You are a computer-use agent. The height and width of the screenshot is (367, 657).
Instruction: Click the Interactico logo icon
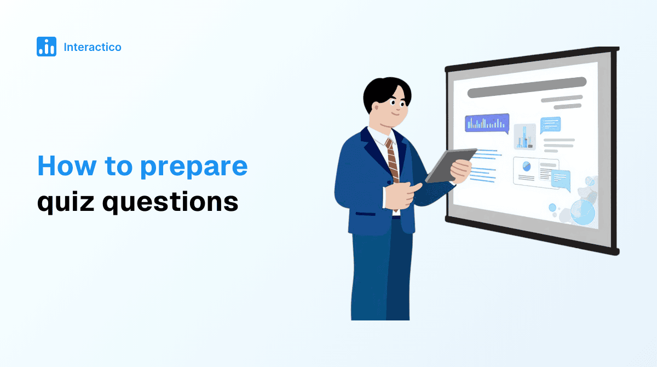point(47,47)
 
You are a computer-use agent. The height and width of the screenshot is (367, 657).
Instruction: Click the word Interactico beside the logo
point(93,47)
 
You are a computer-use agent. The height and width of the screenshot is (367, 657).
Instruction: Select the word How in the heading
point(67,165)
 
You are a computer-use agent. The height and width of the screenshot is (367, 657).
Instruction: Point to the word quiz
point(66,203)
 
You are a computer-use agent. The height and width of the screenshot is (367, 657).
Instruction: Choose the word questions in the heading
point(170,203)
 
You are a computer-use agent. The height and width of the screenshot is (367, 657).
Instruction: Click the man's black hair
point(385,91)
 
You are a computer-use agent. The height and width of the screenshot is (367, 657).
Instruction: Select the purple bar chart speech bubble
point(487,123)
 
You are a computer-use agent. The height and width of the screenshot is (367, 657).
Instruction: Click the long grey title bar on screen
point(527,88)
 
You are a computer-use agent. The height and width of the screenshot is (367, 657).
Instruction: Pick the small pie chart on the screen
point(527,167)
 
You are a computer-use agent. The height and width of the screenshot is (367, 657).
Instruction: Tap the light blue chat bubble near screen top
point(551,125)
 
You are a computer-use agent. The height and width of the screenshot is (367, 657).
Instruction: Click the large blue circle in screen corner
point(583,212)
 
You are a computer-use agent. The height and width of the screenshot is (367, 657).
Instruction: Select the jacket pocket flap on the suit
point(366,214)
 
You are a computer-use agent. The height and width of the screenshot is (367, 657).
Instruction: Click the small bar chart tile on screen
point(525,137)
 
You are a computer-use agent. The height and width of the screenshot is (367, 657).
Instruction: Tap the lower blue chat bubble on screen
point(561,180)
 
